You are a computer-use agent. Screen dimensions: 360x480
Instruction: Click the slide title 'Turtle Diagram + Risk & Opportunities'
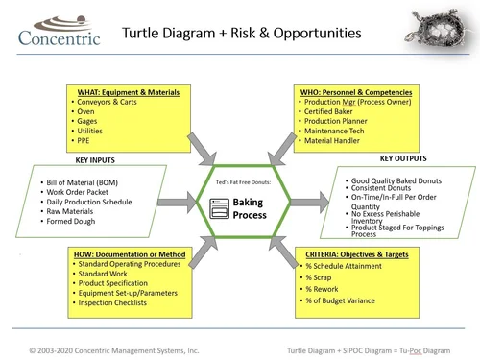point(242,34)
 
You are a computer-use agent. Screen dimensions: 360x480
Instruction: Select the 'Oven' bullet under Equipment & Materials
point(86,110)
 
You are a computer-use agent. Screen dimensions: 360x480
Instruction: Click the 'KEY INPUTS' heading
point(103,160)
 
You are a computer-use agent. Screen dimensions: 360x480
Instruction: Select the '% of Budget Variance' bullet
point(344,303)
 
